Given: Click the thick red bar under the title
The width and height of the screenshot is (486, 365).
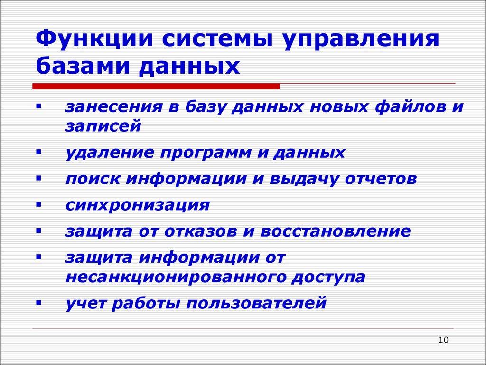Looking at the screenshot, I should click(156, 86).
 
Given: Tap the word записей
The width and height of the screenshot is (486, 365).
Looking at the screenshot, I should click(103, 126).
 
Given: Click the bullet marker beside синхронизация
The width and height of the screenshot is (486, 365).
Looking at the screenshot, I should click(38, 206).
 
